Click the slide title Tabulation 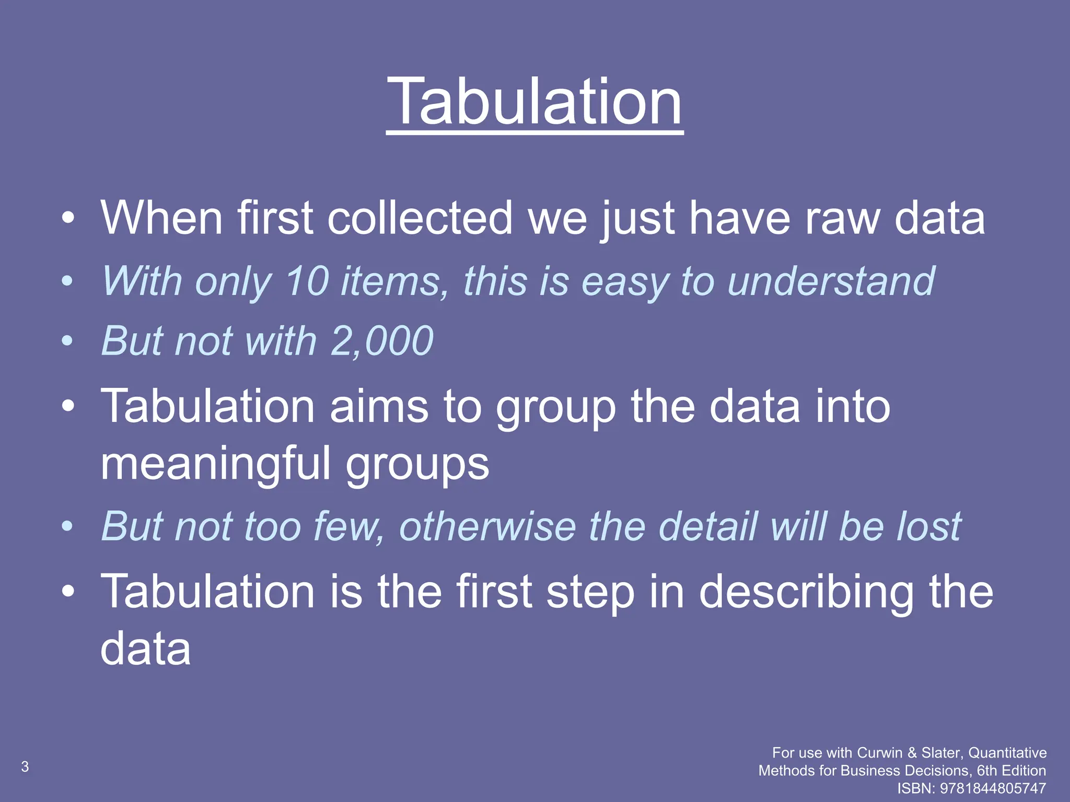pos(534,101)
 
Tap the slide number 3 pos(25,766)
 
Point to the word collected pos(420,218)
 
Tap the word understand pos(831,281)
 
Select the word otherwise pos(487,526)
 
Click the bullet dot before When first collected pos(67,218)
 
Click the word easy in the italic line pos(624,281)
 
